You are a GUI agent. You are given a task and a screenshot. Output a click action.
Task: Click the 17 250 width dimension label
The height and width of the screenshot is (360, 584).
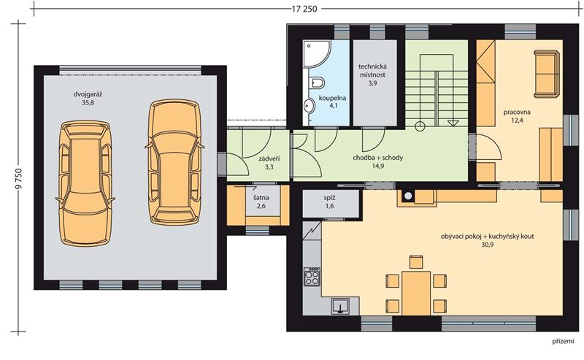(304, 9)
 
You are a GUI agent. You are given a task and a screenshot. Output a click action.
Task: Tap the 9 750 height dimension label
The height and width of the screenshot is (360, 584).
(19, 180)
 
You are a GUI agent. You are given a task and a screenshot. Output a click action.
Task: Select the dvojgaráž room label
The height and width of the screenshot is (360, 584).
(88, 94)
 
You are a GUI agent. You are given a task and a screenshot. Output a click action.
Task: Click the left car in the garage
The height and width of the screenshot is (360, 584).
(85, 183)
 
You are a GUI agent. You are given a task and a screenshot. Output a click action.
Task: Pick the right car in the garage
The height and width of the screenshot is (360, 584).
(174, 163)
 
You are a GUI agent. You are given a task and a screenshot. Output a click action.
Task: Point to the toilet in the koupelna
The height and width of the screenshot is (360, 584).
(317, 83)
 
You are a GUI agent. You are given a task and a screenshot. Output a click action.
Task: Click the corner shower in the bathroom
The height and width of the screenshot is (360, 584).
(317, 53)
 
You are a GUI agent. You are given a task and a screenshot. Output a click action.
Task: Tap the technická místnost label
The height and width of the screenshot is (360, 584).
(372, 71)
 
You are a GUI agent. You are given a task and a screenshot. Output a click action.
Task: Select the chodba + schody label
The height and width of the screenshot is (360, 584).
(377, 158)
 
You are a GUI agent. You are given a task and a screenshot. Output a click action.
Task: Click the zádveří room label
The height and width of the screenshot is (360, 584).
(269, 159)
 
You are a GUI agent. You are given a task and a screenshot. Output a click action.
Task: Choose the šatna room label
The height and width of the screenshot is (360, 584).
(261, 198)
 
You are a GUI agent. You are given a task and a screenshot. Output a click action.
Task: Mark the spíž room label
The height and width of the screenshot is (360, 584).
(329, 198)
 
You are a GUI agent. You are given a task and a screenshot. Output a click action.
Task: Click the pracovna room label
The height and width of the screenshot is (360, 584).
(517, 112)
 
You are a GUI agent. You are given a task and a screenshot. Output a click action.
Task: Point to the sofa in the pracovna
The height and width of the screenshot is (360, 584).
(547, 74)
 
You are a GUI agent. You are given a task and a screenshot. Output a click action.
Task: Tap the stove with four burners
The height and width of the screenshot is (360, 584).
(312, 277)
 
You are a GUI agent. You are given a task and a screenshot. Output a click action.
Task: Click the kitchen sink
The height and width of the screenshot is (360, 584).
(340, 306)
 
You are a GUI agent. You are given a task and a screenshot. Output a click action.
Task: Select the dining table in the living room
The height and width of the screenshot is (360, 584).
(416, 293)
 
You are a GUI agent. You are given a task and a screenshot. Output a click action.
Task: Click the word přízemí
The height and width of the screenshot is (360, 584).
(563, 341)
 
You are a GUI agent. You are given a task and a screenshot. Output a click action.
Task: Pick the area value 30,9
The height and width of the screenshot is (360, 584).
(487, 245)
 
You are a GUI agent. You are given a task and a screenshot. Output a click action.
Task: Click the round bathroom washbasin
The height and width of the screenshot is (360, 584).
(309, 106)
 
